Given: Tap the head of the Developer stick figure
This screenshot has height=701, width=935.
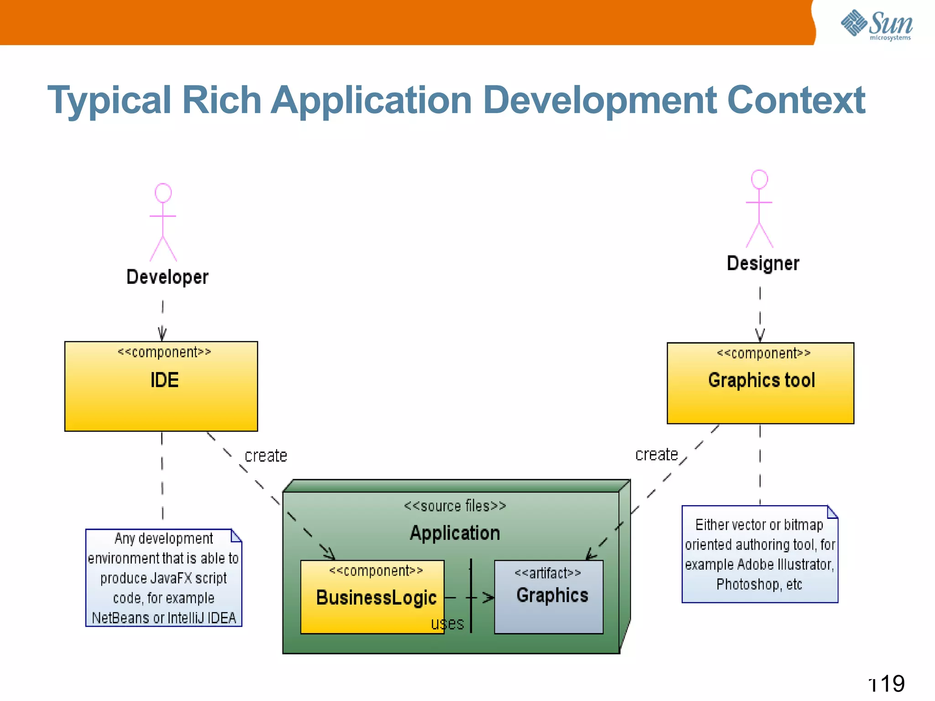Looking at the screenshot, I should [x=163, y=193].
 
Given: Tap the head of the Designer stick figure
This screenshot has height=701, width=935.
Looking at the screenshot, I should [x=759, y=179].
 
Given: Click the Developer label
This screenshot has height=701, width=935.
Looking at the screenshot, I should [x=167, y=277].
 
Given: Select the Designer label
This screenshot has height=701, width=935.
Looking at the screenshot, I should [x=763, y=263].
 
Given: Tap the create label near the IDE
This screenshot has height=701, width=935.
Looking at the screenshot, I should [x=266, y=456].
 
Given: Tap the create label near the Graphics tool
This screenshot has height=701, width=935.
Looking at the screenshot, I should [x=656, y=455].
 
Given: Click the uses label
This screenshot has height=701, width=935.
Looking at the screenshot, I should [x=447, y=623].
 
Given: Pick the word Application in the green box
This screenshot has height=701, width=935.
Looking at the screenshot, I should [x=455, y=533].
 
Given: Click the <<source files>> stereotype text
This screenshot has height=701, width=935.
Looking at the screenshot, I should [x=455, y=506].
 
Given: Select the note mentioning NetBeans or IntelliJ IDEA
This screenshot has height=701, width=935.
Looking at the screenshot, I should [x=163, y=578].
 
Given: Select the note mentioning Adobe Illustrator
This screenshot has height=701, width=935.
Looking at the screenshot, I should [x=760, y=554].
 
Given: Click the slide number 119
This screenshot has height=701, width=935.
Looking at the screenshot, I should [x=888, y=684].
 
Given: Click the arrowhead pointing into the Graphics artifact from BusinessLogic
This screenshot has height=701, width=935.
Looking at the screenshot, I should [x=489, y=597].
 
